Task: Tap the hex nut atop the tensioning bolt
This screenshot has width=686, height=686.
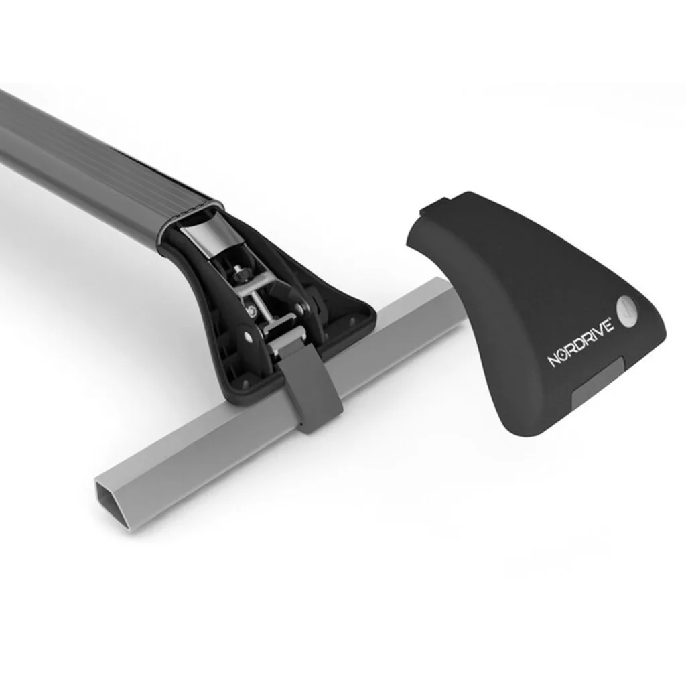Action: pyautogui.click(x=241, y=274)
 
